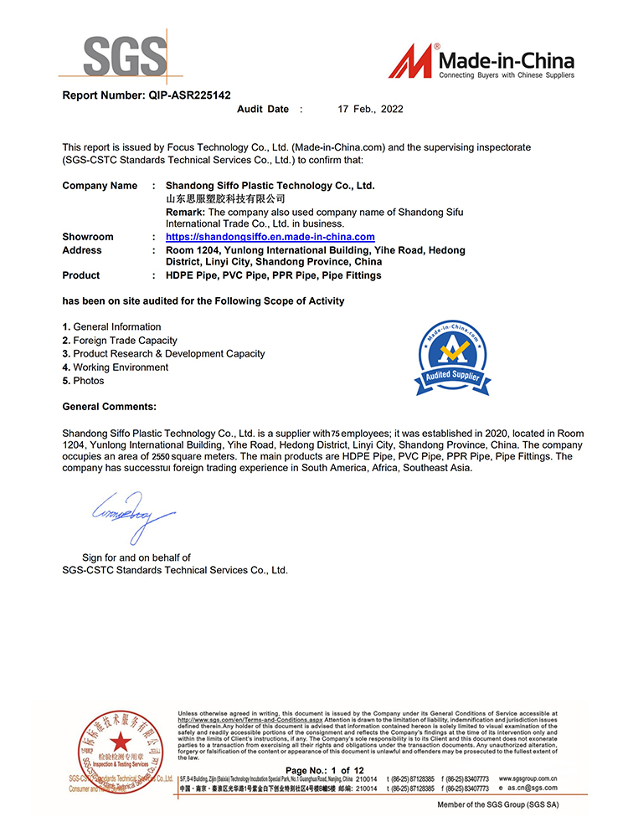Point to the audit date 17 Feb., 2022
370,110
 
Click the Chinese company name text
226,198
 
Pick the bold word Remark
185,212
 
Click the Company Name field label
100,186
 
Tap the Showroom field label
88,237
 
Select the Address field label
82,250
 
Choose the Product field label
81,275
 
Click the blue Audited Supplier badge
452,359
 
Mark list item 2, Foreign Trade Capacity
121,341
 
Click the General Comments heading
110,407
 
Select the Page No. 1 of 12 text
325,770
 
